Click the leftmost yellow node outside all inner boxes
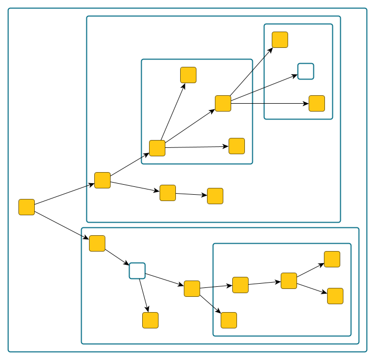tap(26, 207)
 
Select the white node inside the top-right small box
tap(305, 71)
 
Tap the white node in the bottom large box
tap(137, 271)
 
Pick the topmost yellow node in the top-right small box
tap(280, 39)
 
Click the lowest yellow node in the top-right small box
tap(317, 103)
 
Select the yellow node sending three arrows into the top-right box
tap(223, 103)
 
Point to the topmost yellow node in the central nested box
tap(188, 75)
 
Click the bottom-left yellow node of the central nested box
tap(157, 148)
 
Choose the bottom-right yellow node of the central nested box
tap(236, 146)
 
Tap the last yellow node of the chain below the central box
tap(215, 196)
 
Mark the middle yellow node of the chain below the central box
tap(167, 193)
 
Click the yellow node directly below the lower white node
tap(150, 320)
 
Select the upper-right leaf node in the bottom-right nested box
tap(332, 259)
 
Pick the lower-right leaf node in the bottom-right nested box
tap(335, 296)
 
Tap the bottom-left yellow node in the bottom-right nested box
tap(229, 320)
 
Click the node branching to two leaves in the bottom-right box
tap(289, 281)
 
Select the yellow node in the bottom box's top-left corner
tap(97, 243)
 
